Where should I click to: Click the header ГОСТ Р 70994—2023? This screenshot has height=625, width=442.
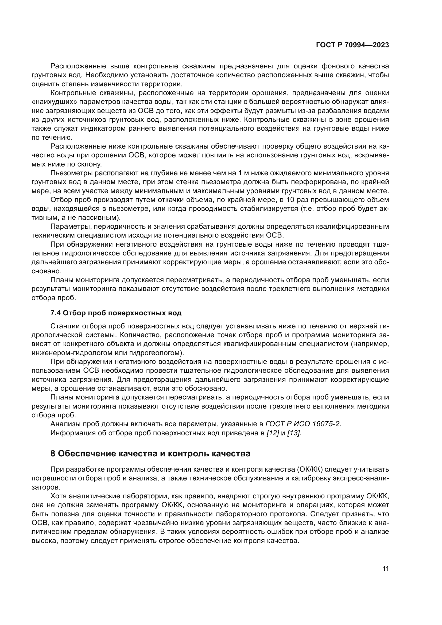coord(352,45)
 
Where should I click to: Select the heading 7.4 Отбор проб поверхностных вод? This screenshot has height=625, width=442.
coord(116,313)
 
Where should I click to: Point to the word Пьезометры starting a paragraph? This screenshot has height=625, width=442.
coord(69,173)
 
